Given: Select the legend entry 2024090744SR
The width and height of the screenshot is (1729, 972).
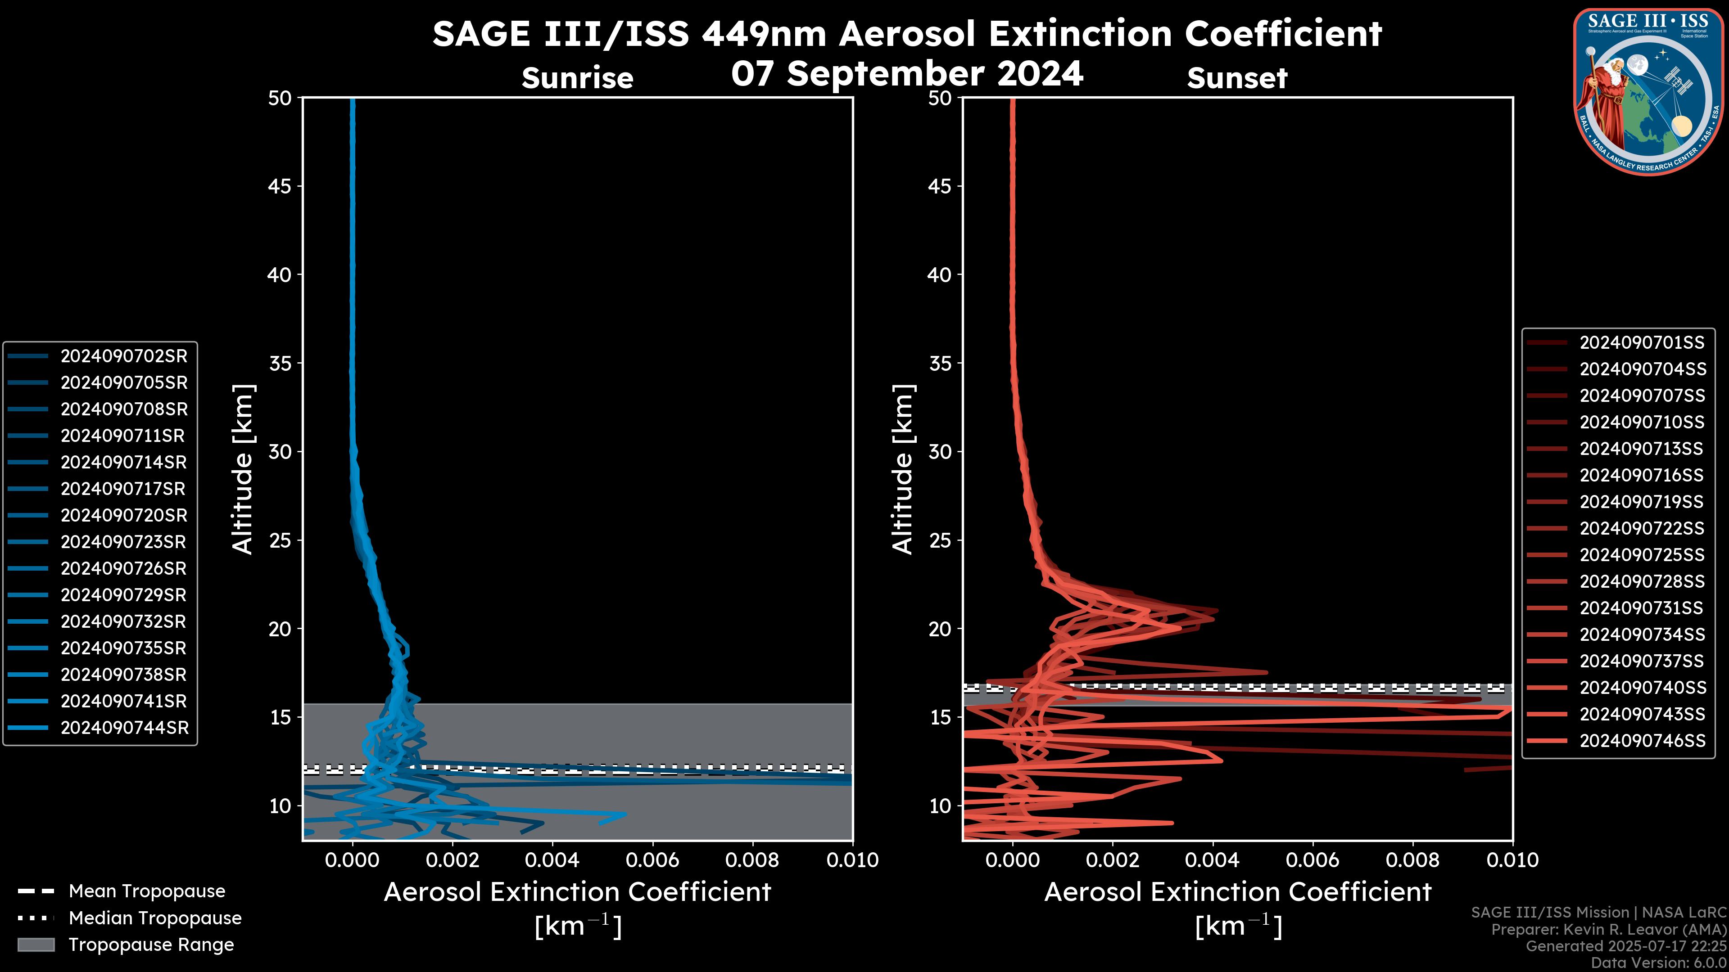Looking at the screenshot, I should click(x=124, y=728).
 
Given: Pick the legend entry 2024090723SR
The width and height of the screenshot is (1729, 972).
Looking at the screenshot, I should click(x=123, y=542).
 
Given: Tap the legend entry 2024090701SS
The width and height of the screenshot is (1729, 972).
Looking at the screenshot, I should click(x=1641, y=343).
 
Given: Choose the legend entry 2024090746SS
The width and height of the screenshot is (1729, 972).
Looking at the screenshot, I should click(x=1642, y=741).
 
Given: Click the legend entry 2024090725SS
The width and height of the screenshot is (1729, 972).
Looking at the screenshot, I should click(x=1641, y=555).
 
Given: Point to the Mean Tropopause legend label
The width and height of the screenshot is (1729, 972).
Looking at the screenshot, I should click(x=147, y=891).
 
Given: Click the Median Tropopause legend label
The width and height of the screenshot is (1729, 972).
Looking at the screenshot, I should click(x=155, y=918).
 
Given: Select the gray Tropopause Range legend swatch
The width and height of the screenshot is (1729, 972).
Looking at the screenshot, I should click(x=36, y=945).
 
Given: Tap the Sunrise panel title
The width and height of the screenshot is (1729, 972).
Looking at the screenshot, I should click(x=577, y=78).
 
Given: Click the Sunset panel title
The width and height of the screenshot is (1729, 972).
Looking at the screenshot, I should click(x=1237, y=78).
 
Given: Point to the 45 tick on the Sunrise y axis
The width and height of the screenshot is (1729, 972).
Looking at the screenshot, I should click(x=280, y=186).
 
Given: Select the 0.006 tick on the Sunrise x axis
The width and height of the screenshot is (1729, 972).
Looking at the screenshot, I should click(x=652, y=860).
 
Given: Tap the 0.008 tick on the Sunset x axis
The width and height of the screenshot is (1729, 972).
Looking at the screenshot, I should click(x=1413, y=860).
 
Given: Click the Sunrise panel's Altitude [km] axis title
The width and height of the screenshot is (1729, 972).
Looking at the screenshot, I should click(x=242, y=469).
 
